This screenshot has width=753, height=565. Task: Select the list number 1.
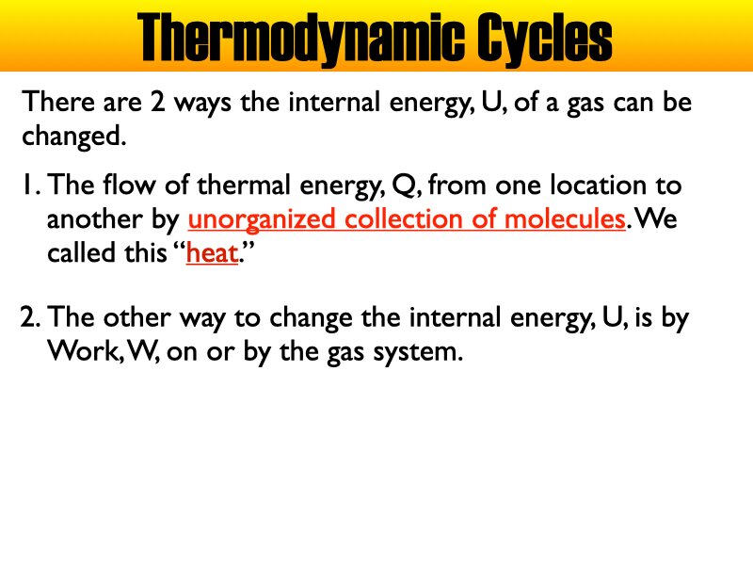28,185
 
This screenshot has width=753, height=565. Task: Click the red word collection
400,219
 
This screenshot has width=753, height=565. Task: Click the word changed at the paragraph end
72,137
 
